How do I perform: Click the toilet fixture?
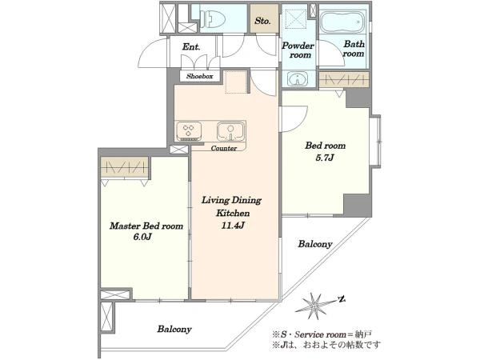point(213,18)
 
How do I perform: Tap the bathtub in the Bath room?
point(342,22)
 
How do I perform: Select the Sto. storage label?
point(262,21)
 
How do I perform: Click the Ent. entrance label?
point(191,47)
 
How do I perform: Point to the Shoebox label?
point(199,76)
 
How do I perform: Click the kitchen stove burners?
point(188,131)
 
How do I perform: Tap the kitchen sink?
point(231,131)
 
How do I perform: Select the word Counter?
point(224,148)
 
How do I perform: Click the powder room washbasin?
point(298,78)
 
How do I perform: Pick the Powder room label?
point(298,50)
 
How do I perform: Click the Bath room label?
point(354,49)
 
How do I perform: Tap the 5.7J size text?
point(325,158)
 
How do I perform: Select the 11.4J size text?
point(233,226)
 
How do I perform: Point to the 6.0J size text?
point(142,237)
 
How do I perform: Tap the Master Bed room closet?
point(124,167)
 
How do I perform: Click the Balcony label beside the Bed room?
point(315,244)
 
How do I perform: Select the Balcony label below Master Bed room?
point(174,329)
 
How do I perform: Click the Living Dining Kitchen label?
point(232,206)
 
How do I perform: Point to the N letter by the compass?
point(342,298)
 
